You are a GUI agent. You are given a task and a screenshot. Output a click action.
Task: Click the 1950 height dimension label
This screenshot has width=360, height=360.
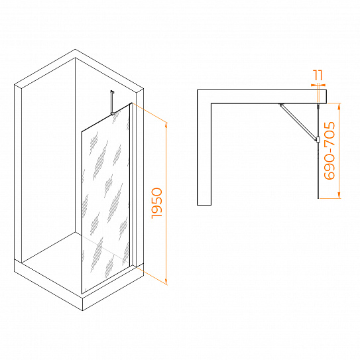tap(157, 203)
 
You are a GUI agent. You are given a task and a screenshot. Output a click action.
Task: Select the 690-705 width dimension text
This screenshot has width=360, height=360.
tap(330, 150)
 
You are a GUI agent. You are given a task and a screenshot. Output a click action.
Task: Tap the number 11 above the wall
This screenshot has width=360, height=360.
tap(318, 75)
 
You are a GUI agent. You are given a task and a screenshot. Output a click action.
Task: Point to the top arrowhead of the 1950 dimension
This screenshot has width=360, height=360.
tap(166, 125)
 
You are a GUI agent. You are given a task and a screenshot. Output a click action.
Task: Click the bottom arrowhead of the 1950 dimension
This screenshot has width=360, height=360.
tap(166, 282)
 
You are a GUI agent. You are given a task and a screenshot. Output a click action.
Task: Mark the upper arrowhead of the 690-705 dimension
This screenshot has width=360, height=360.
tap(339, 105)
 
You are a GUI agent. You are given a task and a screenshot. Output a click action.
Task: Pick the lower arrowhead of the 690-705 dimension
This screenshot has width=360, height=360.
tap(339, 196)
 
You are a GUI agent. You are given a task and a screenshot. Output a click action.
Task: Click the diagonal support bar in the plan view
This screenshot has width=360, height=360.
tap(298, 121)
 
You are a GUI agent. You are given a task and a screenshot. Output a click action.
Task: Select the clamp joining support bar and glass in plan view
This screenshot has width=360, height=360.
tap(318, 139)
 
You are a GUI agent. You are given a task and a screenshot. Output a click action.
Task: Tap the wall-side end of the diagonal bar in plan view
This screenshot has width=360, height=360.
tap(280, 105)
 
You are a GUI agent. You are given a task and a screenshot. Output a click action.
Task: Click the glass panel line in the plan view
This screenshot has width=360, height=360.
tap(318, 152)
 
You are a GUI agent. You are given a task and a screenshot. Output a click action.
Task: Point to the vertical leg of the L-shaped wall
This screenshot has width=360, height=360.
tap(204, 154)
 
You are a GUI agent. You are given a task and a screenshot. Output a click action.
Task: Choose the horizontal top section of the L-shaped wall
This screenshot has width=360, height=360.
tap(262, 96)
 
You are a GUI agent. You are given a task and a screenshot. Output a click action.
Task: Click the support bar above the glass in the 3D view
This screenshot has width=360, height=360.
tap(112, 102)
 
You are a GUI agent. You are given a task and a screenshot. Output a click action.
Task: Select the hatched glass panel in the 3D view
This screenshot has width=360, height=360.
tap(106, 199)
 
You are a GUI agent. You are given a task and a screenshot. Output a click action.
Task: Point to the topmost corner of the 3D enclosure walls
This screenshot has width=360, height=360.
tap(75, 49)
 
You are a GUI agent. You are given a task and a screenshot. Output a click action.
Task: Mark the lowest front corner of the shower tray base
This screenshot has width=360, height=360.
tap(82, 311)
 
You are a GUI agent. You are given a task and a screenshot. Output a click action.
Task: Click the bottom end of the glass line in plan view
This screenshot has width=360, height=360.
tap(318, 198)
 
